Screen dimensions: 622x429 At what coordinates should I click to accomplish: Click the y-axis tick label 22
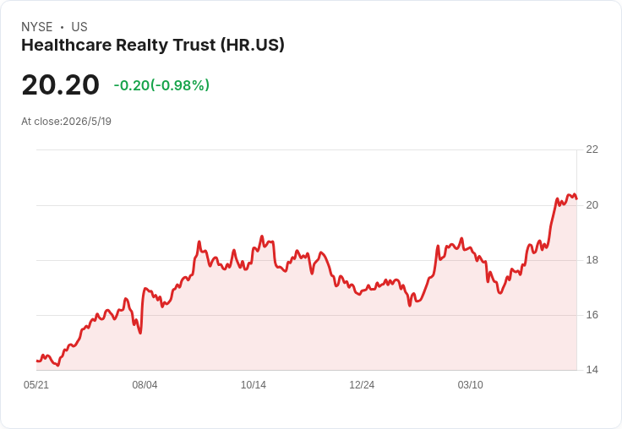click(x=592, y=149)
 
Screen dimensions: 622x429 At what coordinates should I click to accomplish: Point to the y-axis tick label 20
click(x=592, y=205)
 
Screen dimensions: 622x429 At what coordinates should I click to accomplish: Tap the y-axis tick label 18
click(x=592, y=260)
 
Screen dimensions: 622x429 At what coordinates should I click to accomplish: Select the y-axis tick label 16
click(x=592, y=315)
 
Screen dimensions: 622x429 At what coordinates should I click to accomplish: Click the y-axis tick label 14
click(x=592, y=370)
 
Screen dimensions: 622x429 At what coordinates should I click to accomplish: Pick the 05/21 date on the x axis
click(x=36, y=385)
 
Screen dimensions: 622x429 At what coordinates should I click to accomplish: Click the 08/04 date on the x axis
click(x=145, y=385)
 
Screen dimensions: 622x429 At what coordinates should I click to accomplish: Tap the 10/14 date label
click(x=254, y=385)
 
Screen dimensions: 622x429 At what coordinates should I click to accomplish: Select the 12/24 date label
click(x=362, y=385)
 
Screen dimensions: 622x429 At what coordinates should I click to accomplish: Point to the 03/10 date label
click(x=471, y=385)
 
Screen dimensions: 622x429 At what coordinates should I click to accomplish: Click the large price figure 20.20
click(x=60, y=84)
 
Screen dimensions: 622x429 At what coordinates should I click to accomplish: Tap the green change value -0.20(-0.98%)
click(x=161, y=85)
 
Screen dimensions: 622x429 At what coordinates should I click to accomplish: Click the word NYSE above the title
click(x=37, y=27)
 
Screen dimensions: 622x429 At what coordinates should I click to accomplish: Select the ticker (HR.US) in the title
click(x=253, y=46)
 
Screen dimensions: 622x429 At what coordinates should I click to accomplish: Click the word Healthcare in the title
click(x=67, y=45)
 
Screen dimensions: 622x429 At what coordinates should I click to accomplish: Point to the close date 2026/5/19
click(x=87, y=122)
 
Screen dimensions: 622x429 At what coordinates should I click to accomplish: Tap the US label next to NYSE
click(x=79, y=27)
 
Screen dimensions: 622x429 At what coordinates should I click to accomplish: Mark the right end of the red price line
click(x=576, y=198)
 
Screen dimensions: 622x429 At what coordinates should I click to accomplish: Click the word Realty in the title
click(x=142, y=46)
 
